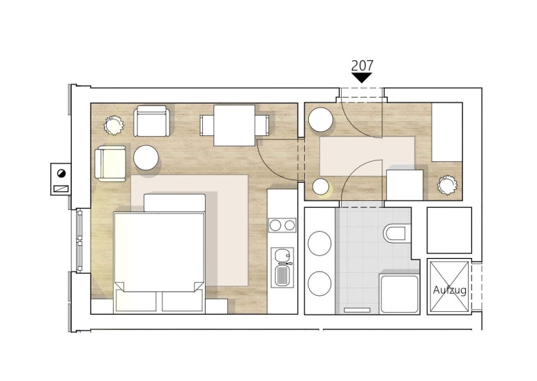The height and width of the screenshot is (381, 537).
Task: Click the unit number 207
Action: tap(362, 65)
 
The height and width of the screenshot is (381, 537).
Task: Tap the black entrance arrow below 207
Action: tap(362, 77)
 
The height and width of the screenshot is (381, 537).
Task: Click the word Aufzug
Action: tap(449, 290)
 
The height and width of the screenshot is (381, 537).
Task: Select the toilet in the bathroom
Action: tap(397, 234)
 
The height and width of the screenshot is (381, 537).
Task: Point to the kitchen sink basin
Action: tap(282, 255)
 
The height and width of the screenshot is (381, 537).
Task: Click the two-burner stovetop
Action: tap(282, 225)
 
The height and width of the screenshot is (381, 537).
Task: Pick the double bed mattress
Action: tap(160, 252)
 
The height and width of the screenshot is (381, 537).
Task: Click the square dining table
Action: tap(234, 126)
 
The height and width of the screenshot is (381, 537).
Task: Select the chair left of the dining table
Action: tap(206, 126)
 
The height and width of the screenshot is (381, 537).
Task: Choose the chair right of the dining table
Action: tap(262, 125)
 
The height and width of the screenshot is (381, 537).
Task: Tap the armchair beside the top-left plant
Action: tap(151, 121)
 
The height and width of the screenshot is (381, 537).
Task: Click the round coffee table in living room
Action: tap(146, 158)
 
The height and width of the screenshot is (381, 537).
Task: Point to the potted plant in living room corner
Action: tap(114, 125)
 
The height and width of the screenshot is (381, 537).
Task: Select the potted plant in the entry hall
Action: tap(447, 185)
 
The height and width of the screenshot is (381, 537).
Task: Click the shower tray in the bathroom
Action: tap(400, 294)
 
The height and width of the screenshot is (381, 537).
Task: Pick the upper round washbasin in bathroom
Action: tap(319, 243)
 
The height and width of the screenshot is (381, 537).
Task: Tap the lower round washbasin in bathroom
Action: tap(319, 283)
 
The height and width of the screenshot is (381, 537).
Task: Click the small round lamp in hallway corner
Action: tap(321, 187)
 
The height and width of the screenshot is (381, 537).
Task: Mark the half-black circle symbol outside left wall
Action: tap(61, 173)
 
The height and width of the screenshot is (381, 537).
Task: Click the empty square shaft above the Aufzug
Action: tap(449, 230)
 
